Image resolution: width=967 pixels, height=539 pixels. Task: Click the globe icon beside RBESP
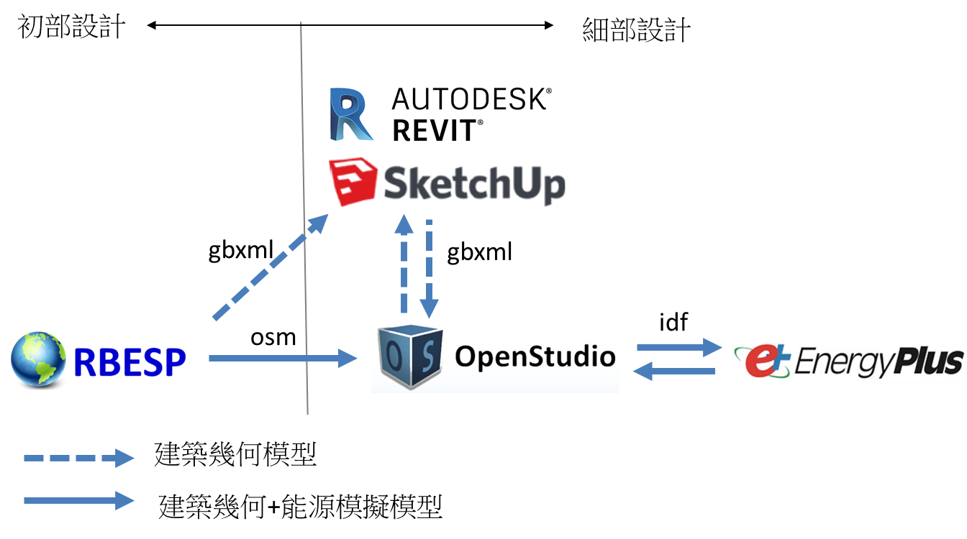click(38, 359)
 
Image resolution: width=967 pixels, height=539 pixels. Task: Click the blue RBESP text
click(130, 362)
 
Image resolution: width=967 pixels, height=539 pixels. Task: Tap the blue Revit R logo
click(351, 114)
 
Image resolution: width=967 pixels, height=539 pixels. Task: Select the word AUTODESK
click(471, 99)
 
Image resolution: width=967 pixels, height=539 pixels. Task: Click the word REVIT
click(437, 130)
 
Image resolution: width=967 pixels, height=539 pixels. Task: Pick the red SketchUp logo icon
click(353, 182)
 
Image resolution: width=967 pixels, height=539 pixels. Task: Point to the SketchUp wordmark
click(474, 185)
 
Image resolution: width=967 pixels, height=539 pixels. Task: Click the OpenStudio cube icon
click(410, 356)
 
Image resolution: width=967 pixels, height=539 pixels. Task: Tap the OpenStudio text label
click(535, 356)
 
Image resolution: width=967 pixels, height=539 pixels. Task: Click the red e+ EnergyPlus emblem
click(763, 361)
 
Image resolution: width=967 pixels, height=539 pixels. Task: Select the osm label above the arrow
click(273, 337)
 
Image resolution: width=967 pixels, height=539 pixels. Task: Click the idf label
click(673, 322)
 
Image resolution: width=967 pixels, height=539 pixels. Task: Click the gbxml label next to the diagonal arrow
click(241, 250)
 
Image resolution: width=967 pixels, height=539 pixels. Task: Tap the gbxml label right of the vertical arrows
click(480, 252)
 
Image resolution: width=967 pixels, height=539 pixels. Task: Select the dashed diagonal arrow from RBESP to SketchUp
click(271, 267)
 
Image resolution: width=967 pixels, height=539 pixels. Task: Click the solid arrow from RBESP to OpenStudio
click(283, 359)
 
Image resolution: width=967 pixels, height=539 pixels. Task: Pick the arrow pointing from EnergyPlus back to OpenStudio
click(674, 371)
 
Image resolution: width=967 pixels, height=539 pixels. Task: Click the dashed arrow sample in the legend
click(79, 458)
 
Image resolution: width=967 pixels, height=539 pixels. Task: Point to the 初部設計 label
click(71, 27)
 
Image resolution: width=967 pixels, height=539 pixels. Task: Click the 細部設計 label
click(636, 29)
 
